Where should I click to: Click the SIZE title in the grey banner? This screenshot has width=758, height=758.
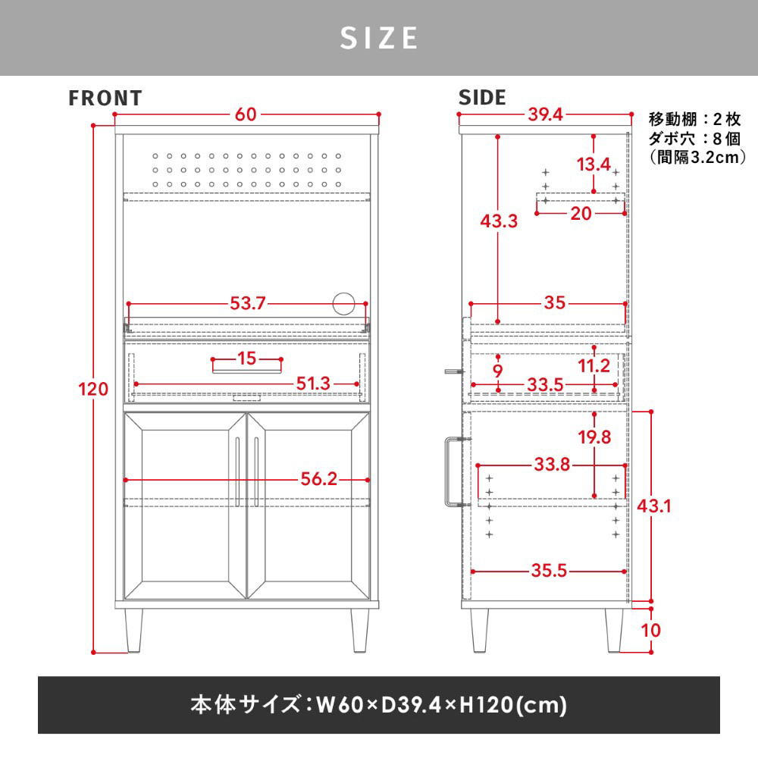[x=378, y=38]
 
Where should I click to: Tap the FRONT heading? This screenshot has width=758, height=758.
[x=105, y=98]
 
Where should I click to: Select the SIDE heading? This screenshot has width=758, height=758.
[x=482, y=98]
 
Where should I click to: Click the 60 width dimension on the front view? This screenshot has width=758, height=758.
[x=246, y=114]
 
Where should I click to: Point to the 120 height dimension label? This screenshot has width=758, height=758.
[x=93, y=389]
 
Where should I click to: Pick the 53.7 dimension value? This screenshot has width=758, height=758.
[x=248, y=303]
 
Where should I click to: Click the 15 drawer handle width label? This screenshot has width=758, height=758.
[x=246, y=359]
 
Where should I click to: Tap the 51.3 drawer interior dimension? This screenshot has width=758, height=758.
[x=313, y=384]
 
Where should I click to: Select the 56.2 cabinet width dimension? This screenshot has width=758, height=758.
[x=318, y=478]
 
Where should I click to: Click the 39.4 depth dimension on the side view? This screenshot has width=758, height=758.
[x=545, y=114]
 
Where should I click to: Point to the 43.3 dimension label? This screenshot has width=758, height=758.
[x=499, y=221]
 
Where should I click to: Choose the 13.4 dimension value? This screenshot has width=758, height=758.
[x=594, y=164]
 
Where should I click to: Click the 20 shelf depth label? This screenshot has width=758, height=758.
[x=581, y=213]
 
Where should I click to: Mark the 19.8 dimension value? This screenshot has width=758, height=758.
[x=594, y=437]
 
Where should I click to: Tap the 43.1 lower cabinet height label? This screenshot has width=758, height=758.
[x=654, y=506]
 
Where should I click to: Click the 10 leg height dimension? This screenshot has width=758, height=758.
[x=650, y=630]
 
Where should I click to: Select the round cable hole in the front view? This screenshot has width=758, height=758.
[x=343, y=304]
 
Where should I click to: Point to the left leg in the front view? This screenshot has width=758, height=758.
[x=134, y=630]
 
